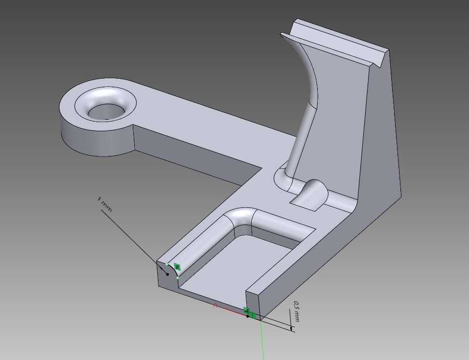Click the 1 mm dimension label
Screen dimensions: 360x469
pos(105,205)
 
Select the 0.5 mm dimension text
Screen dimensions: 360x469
pos(297,312)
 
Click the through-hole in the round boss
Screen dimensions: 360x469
pos(104,112)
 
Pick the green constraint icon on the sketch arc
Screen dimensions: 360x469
pos(177,267)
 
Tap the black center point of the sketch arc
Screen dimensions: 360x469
pos(168,274)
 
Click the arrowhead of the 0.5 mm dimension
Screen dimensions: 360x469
pos(291,328)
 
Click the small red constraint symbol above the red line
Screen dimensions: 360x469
pos(215,305)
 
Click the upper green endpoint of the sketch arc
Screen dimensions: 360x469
pos(167,264)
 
